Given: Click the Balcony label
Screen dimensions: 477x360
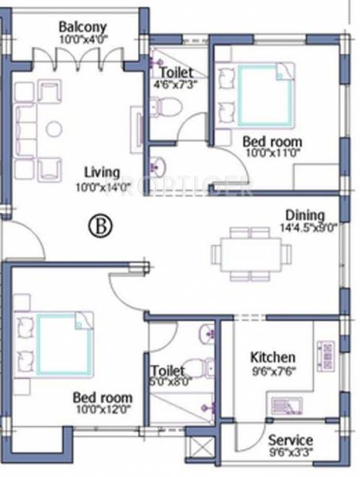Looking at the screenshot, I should (x=77, y=26).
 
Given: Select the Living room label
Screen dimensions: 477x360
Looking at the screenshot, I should (x=103, y=173).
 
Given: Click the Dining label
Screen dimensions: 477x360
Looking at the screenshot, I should (x=305, y=215).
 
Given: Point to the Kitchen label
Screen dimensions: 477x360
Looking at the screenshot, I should (x=273, y=357).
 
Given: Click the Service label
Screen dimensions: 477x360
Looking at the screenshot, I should (x=289, y=440).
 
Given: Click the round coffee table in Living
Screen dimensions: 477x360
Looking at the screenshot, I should (x=54, y=129).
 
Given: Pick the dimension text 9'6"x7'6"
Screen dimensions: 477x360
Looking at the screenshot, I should (x=273, y=370).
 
